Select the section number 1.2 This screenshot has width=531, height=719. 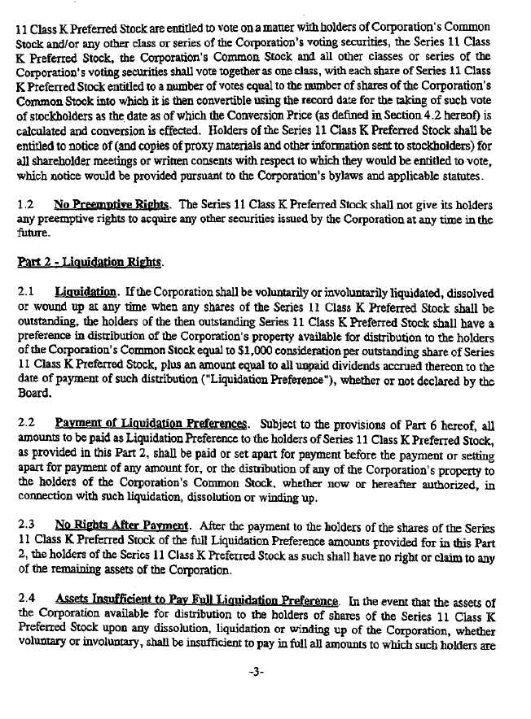24,203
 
